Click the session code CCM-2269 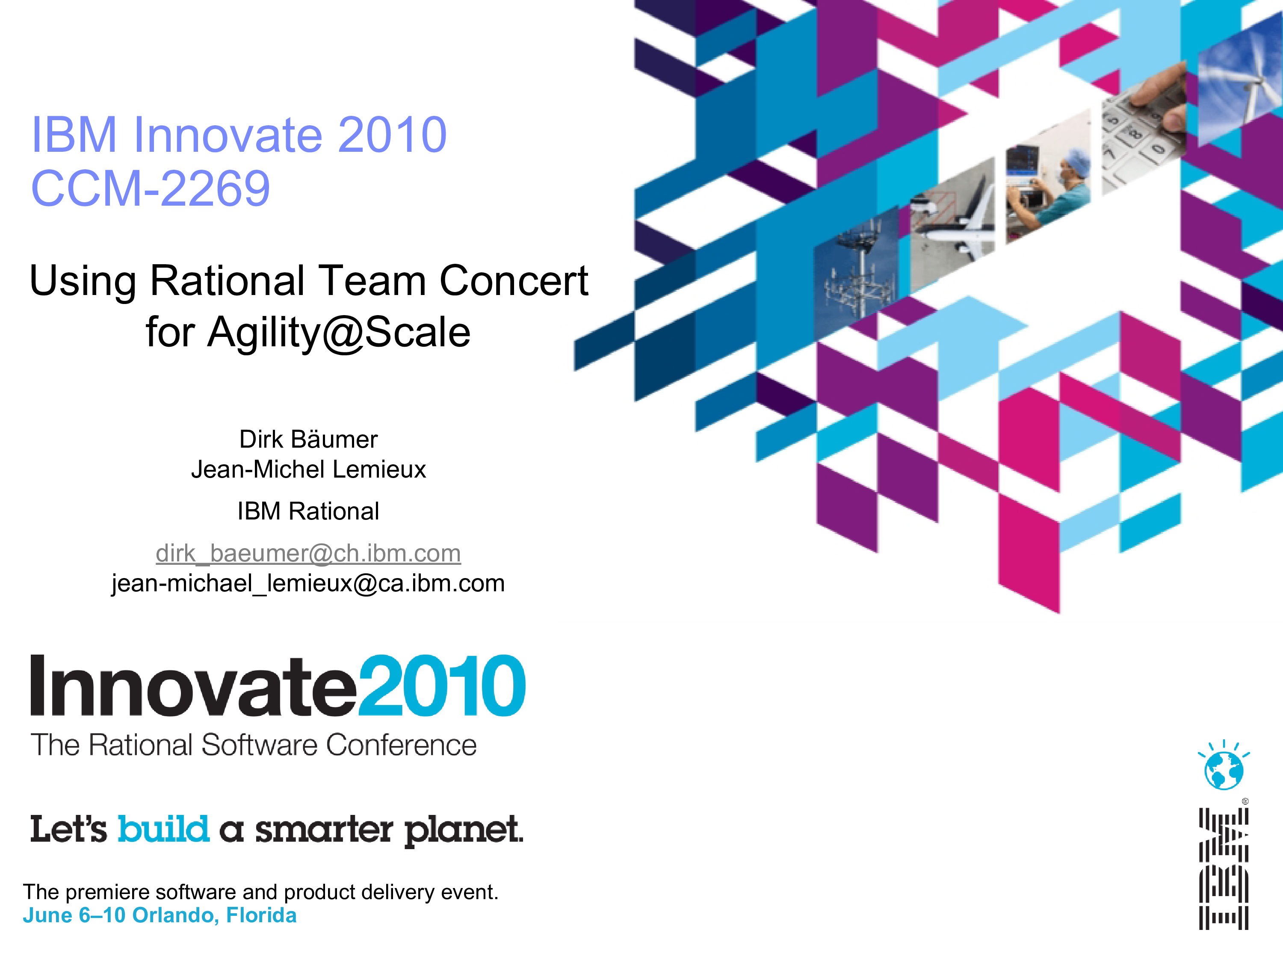[151, 189]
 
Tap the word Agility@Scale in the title [339, 332]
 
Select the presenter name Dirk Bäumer [309, 439]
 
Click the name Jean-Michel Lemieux [309, 469]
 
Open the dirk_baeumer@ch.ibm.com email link [309, 553]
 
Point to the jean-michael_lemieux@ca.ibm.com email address [309, 583]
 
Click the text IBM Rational [309, 511]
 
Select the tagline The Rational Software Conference [254, 745]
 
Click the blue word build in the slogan [163, 829]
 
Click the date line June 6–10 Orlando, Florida [160, 915]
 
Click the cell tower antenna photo [856, 264]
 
